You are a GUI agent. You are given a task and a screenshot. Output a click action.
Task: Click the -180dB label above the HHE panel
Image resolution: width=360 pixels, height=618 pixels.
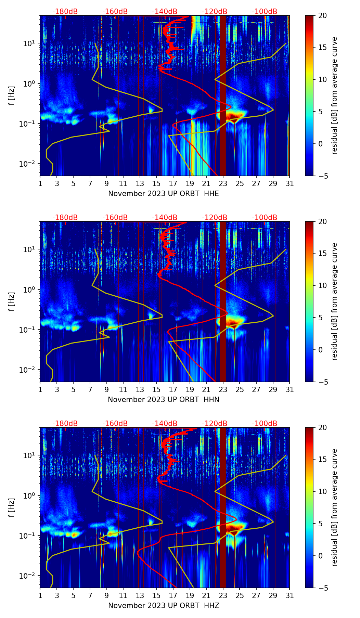tap(65, 12)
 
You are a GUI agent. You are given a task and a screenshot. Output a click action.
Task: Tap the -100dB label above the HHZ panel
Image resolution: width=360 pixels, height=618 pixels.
tap(265, 424)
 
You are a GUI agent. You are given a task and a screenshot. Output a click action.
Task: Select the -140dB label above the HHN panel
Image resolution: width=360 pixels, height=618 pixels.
tap(165, 218)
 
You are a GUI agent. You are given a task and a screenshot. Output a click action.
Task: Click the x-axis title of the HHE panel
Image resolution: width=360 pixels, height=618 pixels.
tap(164, 194)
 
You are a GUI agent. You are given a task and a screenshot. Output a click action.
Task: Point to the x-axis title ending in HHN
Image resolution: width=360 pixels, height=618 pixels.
tap(164, 400)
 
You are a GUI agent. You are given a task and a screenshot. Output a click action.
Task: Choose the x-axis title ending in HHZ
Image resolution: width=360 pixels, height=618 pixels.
tap(164, 606)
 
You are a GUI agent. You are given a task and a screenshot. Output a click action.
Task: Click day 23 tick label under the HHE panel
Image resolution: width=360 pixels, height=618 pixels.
tap(223, 184)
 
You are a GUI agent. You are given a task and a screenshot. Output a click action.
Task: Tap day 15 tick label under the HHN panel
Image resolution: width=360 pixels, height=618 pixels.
tap(156, 390)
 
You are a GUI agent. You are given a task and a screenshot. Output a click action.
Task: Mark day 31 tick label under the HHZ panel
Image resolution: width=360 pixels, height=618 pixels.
tap(290, 596)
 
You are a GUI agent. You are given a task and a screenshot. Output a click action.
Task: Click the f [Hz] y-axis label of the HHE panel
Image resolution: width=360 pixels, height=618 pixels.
tap(12, 96)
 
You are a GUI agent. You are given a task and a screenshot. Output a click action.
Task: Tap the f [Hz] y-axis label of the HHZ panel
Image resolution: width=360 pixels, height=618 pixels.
tap(12, 507)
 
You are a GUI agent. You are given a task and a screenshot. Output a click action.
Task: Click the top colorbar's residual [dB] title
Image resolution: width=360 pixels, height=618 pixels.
tap(334, 96)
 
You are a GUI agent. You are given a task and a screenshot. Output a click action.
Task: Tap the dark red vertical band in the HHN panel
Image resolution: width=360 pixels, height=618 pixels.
tap(223, 301)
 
